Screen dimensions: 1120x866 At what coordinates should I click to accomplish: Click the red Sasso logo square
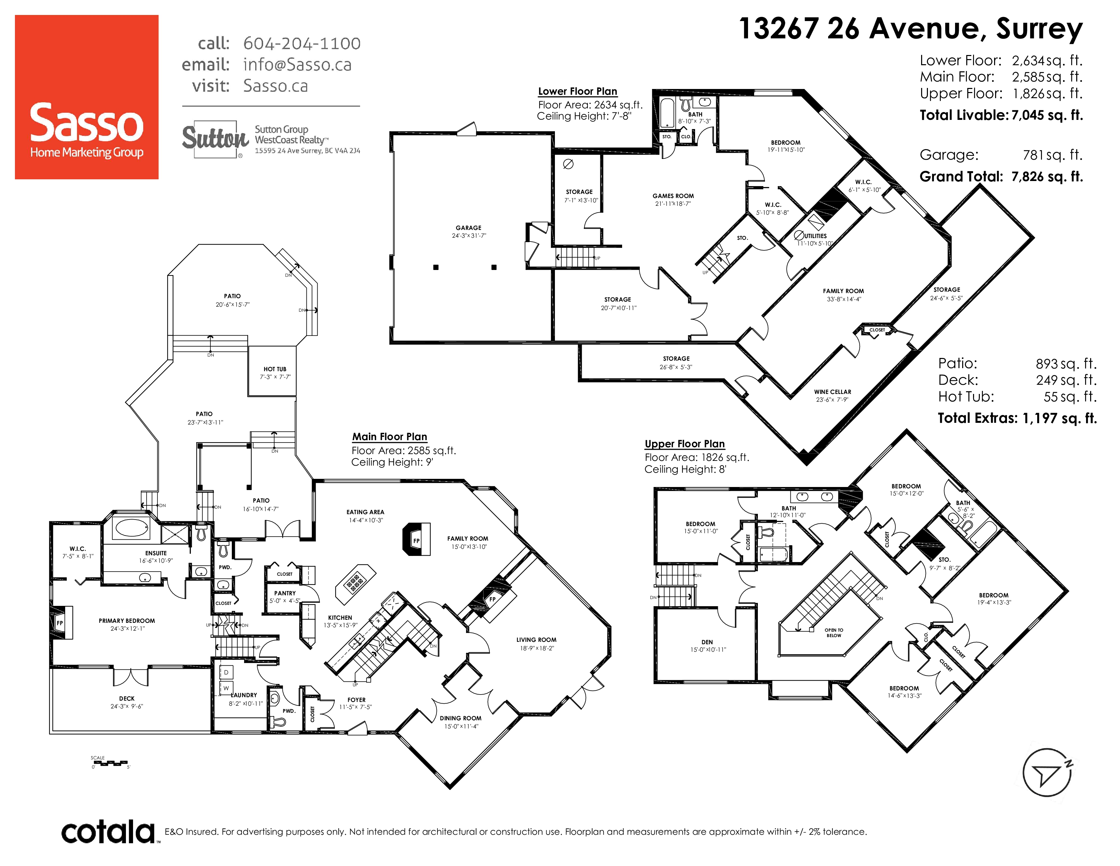[x=87, y=97]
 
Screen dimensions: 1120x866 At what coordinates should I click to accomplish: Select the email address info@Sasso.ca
[x=297, y=65]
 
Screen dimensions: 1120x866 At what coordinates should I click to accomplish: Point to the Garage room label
[x=469, y=228]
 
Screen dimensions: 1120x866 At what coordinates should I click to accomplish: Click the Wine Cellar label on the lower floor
[x=832, y=392]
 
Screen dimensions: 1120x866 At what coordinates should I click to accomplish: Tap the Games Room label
[x=673, y=196]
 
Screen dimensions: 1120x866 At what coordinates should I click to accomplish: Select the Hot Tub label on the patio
[x=275, y=369]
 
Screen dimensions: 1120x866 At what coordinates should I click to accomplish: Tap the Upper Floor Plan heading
[x=685, y=444]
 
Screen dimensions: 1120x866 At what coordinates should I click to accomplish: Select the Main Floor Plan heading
[x=389, y=437]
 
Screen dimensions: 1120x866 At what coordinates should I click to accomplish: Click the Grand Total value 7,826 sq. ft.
[x=1047, y=177]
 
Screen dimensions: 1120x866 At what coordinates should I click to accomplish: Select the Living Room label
[x=536, y=640]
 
